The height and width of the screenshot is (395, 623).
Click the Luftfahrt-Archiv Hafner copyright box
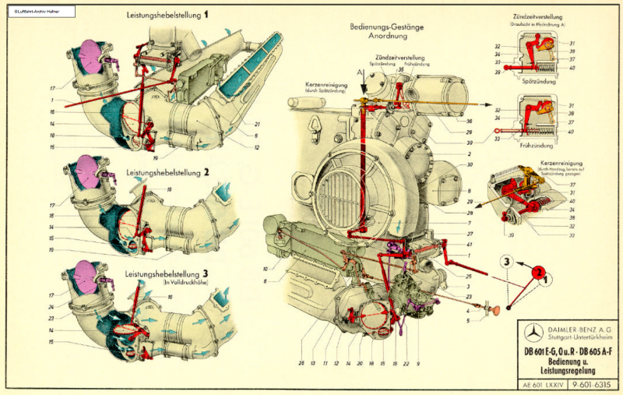(x=39, y=11)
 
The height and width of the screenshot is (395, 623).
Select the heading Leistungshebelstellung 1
(x=167, y=15)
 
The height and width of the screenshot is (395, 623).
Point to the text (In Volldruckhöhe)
(x=188, y=282)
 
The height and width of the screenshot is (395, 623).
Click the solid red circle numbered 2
(x=537, y=272)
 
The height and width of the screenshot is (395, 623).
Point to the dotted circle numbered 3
(x=507, y=263)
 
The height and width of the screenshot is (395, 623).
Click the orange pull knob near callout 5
(x=493, y=312)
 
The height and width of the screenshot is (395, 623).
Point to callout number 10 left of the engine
(x=265, y=268)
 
